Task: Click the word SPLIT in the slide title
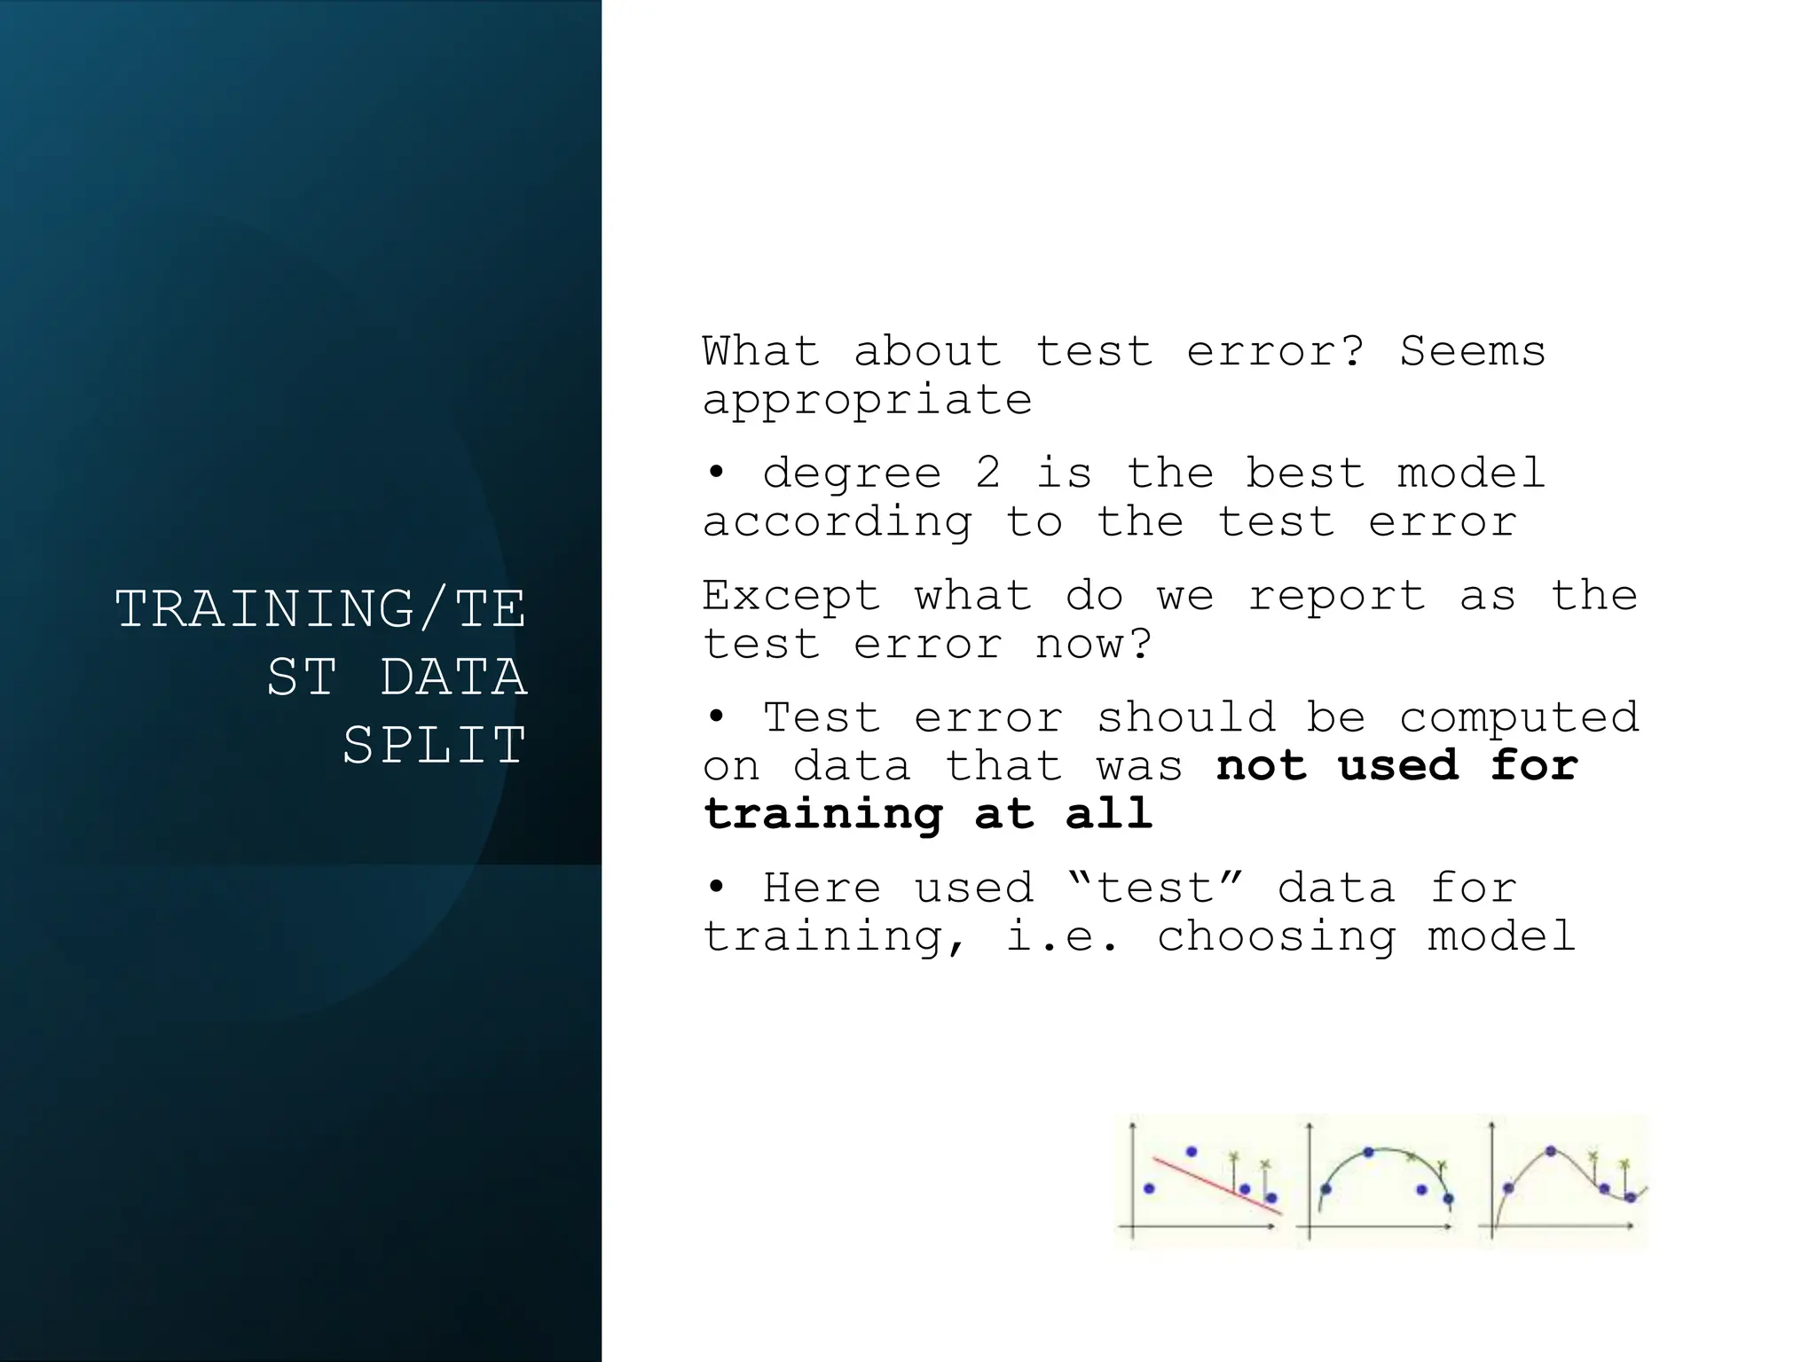[435, 745]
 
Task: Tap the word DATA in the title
[452, 677]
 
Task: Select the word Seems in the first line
[1473, 351]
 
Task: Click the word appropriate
[867, 401]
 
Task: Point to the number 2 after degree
[988, 473]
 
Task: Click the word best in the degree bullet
[1305, 473]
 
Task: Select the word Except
[791, 595]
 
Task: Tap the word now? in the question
[1093, 643]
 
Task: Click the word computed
[1519, 716]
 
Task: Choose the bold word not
[1262, 764]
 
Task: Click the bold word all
[1109, 813]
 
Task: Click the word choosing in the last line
[1276, 936]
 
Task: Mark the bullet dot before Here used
[716, 886]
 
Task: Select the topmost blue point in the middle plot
[1369, 1152]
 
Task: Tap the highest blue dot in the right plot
[1551, 1151]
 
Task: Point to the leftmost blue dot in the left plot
[1149, 1188]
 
